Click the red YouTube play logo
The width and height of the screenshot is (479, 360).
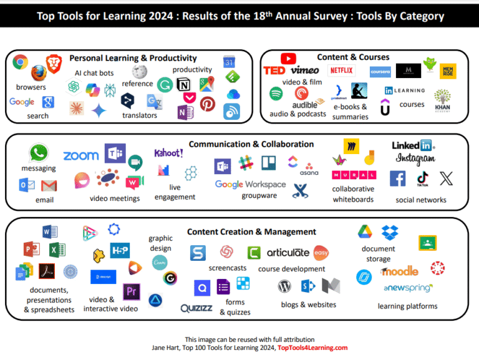(x=288, y=58)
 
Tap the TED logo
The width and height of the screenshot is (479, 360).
(x=274, y=71)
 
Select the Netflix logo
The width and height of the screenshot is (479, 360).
(x=341, y=71)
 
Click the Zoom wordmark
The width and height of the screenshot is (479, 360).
(x=81, y=156)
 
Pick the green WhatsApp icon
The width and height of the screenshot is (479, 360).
(x=39, y=153)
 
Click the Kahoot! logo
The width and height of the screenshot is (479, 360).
(x=168, y=153)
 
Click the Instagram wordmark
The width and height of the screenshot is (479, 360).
(x=415, y=159)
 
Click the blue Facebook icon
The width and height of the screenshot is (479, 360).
(x=397, y=179)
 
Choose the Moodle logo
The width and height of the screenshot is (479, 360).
(x=400, y=271)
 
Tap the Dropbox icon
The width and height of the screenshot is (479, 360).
(x=390, y=233)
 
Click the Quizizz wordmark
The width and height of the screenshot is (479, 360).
(x=196, y=308)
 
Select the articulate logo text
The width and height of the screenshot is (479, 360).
(x=288, y=253)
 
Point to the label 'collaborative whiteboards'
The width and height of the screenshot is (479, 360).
(x=353, y=194)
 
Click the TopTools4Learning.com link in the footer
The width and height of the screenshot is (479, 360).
(x=312, y=348)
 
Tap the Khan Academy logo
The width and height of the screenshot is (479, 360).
(x=442, y=100)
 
